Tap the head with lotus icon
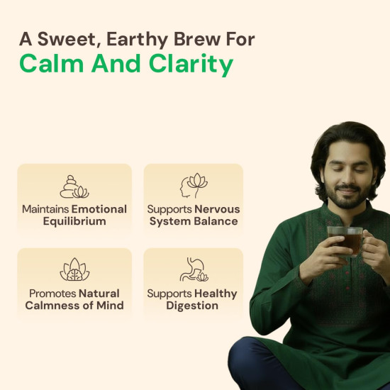coord(193,186)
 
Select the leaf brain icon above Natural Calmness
coord(74,270)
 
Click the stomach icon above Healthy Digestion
coord(193,270)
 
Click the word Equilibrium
coord(74,221)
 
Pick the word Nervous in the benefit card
coord(217,209)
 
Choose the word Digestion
coord(193,306)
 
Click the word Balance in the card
coord(216,221)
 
